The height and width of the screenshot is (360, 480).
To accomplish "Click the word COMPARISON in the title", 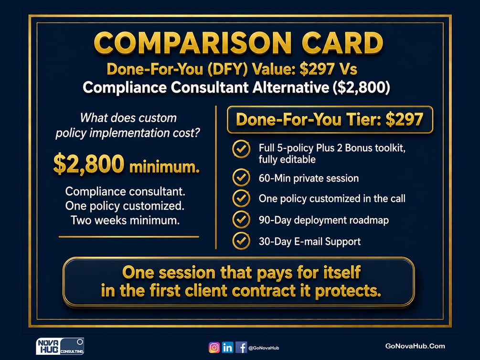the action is tap(192, 43).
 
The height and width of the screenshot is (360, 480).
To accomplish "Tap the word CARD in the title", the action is tap(342, 43).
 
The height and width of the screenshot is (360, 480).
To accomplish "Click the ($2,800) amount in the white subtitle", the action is tap(362, 87).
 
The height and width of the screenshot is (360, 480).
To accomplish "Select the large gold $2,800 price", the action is tap(89, 164).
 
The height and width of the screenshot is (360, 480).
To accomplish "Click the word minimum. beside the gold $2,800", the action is tap(164, 167).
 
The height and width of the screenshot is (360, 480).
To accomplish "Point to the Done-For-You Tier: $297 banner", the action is tap(330, 120).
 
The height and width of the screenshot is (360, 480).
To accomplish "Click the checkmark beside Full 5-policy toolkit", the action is tap(241, 149).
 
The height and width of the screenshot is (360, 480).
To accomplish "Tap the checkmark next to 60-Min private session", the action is tap(241, 177).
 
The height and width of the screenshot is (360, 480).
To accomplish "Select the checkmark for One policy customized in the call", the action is tap(241, 198).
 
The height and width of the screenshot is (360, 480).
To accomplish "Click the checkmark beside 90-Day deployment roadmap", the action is tap(241, 220).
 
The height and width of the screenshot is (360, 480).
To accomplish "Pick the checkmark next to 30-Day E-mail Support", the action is tap(241, 241).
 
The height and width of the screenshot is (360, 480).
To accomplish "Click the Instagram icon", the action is tap(214, 348).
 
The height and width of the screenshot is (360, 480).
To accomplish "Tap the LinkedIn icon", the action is tap(227, 348).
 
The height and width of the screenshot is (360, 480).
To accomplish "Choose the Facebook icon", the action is tap(241, 348).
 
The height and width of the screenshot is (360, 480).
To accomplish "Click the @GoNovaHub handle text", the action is tap(264, 348).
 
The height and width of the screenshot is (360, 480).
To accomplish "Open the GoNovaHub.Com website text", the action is tap(415, 346).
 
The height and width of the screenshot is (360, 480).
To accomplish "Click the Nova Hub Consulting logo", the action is tap(60, 346).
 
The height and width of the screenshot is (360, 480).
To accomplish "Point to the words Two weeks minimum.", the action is tap(125, 220).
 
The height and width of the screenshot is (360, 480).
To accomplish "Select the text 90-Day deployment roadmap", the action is tap(323, 220).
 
